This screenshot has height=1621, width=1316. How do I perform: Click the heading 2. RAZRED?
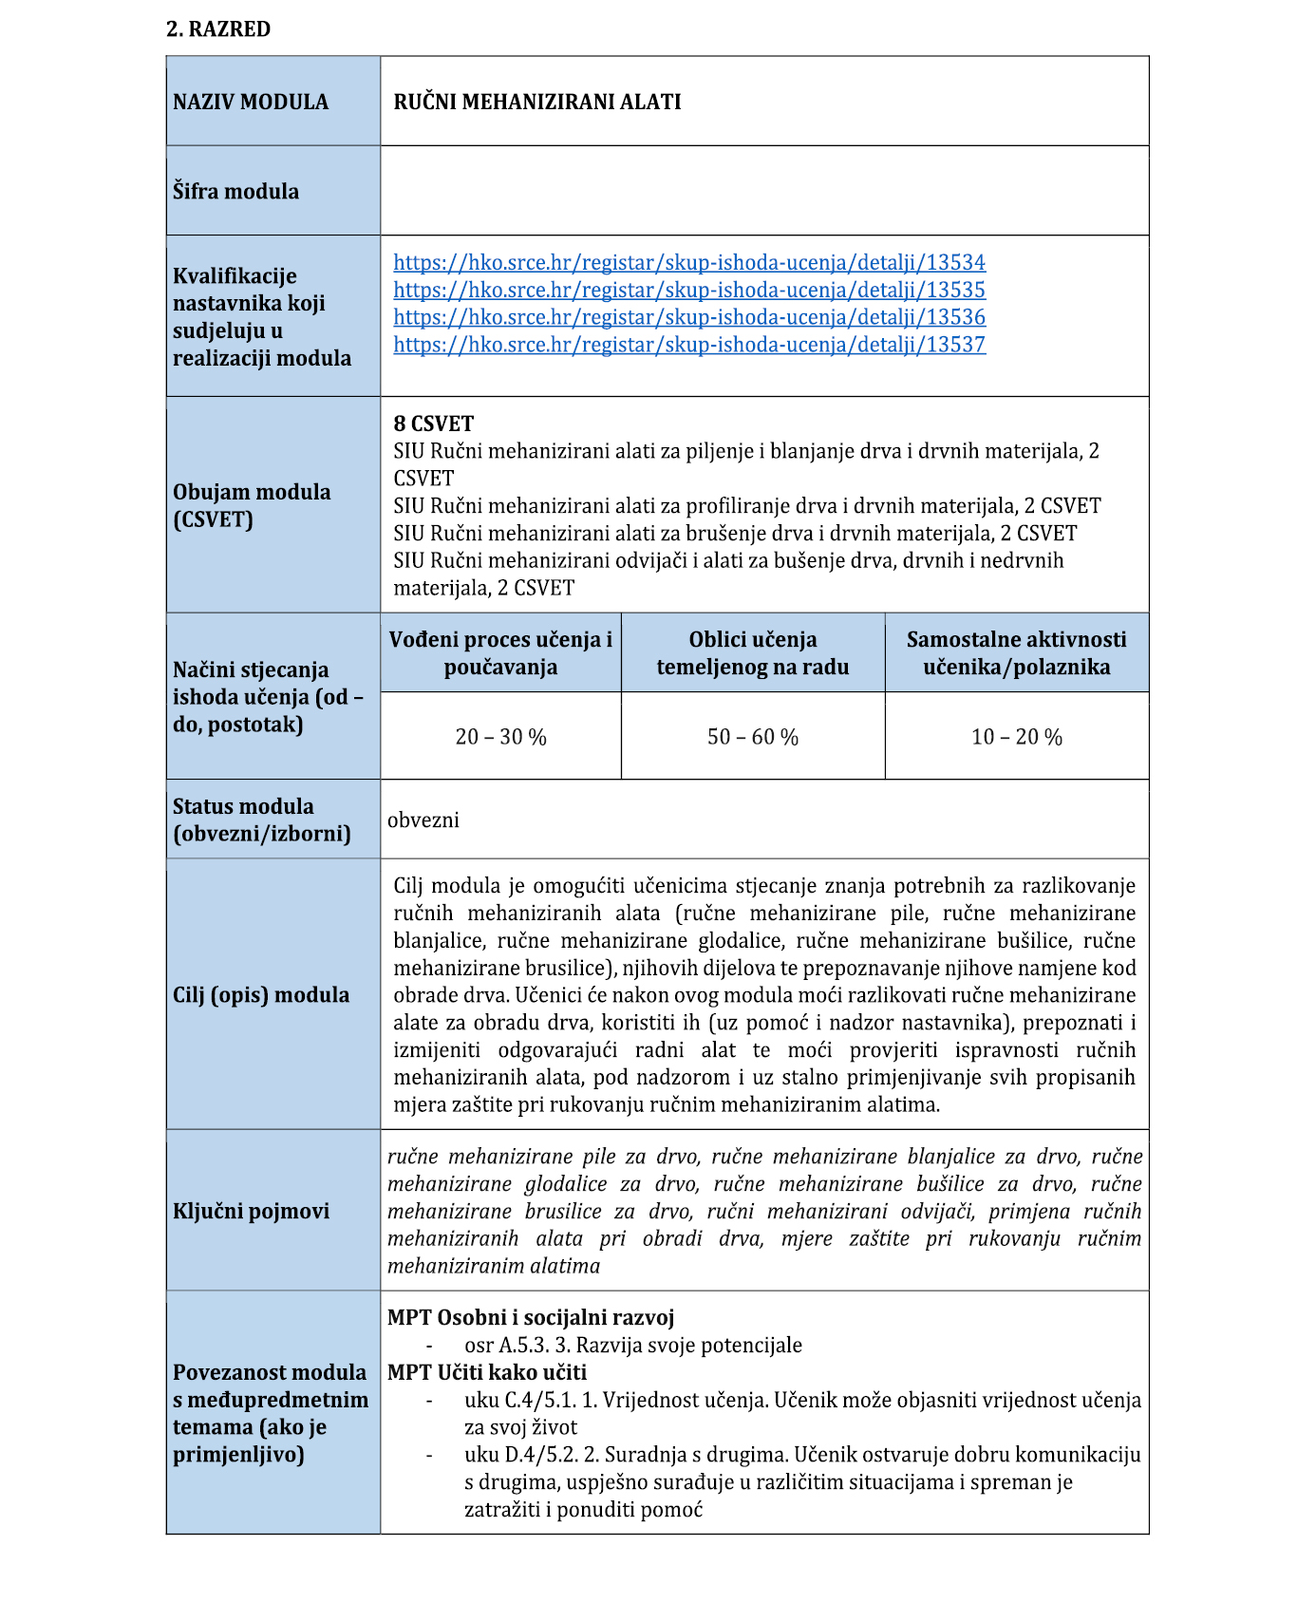point(218,29)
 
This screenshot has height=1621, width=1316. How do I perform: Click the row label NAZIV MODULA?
point(251,102)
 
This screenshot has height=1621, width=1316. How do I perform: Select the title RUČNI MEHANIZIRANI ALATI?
point(537,102)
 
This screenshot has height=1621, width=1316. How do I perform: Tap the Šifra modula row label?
point(235,191)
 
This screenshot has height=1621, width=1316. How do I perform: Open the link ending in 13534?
point(689,262)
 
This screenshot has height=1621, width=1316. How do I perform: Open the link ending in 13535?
point(689,290)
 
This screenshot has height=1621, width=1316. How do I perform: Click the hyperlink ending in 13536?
point(689,317)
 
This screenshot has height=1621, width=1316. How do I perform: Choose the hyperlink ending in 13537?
point(689,345)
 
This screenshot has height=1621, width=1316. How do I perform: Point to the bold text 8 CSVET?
point(434,424)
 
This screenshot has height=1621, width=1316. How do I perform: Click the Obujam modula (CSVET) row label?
point(252,505)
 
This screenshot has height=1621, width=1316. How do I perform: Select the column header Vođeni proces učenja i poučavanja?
point(500,653)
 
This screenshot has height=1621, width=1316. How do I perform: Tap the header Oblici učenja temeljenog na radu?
point(753,653)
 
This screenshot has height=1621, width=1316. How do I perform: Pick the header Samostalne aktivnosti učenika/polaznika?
point(1016,653)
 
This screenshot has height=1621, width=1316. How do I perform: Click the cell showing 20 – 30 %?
point(500,737)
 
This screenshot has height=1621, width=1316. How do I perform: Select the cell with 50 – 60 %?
point(753,737)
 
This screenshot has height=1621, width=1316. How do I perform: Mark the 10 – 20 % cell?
point(1016,737)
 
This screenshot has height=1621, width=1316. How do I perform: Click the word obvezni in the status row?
point(423,820)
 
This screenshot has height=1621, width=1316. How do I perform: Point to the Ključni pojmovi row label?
point(252,1211)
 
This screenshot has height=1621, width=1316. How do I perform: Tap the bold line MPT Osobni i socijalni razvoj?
point(531,1318)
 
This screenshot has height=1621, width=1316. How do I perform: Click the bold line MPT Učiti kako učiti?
point(487,1372)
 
